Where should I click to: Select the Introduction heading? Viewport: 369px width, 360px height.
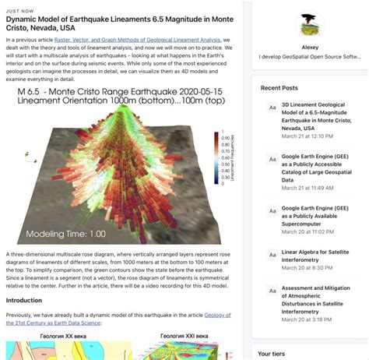24,300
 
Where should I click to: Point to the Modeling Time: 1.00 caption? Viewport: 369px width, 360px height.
67,233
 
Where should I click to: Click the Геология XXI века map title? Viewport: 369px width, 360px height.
184,337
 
